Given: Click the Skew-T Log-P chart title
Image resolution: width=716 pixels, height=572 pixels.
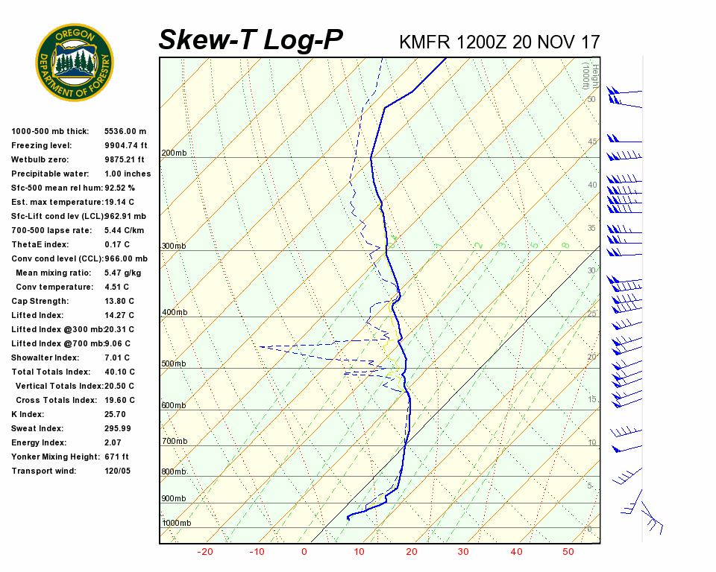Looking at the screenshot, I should coord(251,40).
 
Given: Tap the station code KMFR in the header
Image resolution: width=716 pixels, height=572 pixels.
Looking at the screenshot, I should coord(424,42).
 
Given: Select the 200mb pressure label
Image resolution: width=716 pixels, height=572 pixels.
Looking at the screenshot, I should coord(174,153).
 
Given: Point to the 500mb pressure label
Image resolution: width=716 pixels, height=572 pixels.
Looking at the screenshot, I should coord(174,364).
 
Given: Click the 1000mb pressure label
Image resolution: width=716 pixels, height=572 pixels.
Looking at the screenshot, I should coord(176,524).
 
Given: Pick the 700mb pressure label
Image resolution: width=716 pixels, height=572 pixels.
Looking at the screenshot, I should coord(174,442).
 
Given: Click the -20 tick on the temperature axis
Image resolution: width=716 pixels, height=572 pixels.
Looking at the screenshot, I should coord(205,552).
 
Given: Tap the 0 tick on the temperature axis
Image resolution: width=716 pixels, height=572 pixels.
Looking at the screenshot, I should coord(304,552).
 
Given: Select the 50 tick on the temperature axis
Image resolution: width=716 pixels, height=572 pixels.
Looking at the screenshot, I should coord(568,552).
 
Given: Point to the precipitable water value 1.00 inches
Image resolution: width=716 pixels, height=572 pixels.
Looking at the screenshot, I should coord(128,174).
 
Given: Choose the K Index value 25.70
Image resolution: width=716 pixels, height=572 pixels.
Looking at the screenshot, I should coord(115,414).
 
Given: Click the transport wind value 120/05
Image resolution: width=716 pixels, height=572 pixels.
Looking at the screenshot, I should coord(117,471).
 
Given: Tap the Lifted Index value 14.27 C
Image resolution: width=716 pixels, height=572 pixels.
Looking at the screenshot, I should coord(119,315).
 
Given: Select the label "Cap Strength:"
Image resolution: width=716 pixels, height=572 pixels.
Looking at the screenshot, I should coord(40,301).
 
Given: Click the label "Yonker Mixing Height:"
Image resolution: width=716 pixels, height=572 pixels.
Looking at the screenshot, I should coord(54,457).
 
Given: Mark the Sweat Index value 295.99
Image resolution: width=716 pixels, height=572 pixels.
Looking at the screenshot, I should coord(118,428).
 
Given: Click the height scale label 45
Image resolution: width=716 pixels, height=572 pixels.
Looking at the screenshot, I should coord(592,142).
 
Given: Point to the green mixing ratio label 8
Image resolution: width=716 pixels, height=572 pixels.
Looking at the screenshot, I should coord(566,245).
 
